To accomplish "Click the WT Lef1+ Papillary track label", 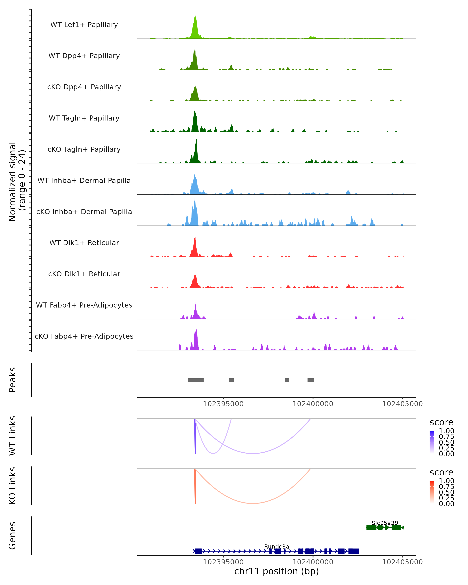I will click(x=84, y=25).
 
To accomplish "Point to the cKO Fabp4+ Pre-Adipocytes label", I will click(x=84, y=336).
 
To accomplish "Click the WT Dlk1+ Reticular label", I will click(x=84, y=243).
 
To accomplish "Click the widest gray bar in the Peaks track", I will click(x=196, y=380).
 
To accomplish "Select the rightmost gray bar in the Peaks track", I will click(x=311, y=380).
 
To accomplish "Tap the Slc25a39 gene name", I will click(x=385, y=523).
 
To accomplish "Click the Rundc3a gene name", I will click(x=277, y=546).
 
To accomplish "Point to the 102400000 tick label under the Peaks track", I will click(x=313, y=404).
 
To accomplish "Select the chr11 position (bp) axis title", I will click(x=277, y=571).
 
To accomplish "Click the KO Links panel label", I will click(x=12, y=486).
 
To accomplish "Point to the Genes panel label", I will click(x=12, y=536).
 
